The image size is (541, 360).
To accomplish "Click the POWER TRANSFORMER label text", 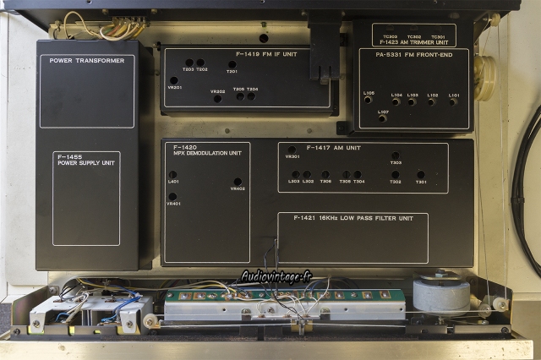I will (86, 61).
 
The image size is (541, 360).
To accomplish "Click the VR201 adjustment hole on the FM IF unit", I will (173, 80).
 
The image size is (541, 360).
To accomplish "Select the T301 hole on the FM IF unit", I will (232, 64).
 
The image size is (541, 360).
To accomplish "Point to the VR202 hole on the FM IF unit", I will (217, 98).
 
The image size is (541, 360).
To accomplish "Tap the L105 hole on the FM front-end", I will (368, 100).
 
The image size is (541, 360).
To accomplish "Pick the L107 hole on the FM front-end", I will (382, 118).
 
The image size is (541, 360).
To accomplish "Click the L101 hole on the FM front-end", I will (453, 102).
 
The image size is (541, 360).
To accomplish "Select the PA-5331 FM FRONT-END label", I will (413, 54).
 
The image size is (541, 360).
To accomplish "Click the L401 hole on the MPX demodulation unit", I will (172, 175).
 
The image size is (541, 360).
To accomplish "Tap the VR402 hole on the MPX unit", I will (238, 181).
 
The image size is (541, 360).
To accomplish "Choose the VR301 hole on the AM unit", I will (292, 150).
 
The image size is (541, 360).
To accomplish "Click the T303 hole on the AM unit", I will (395, 155).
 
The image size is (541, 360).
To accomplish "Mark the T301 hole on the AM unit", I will (420, 174).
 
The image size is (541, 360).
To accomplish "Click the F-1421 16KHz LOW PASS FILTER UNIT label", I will (353, 219).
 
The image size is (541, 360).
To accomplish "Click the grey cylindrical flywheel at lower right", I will (441, 293).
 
